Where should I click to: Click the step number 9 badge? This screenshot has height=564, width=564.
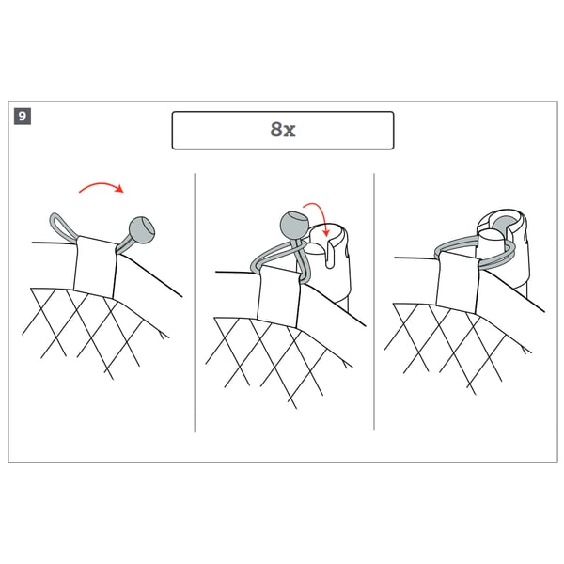(x=23, y=117)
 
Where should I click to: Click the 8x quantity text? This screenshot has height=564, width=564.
(x=283, y=129)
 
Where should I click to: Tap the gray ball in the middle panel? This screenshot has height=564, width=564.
(x=294, y=226)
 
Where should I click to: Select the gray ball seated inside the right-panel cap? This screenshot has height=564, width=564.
(x=505, y=224)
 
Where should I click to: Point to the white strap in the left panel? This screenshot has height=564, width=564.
(x=95, y=267)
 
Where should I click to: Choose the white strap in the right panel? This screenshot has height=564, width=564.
(x=458, y=282)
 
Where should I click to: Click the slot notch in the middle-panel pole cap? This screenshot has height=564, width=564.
(x=330, y=254)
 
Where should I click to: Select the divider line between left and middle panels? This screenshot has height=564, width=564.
(x=195, y=303)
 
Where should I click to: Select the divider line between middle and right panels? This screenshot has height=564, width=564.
(x=374, y=302)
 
